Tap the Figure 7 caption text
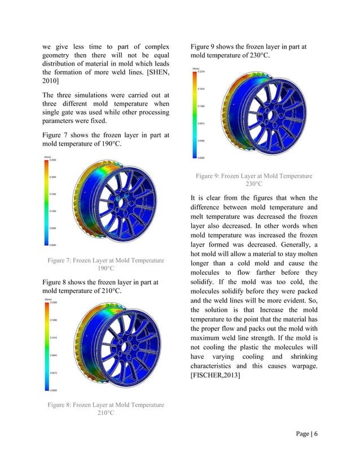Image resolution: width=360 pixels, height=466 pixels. [106, 265]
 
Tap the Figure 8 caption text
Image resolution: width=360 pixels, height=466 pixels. [106, 408]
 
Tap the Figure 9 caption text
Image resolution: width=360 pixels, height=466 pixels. [253, 180]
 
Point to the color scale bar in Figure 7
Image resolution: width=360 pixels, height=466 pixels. [46, 202]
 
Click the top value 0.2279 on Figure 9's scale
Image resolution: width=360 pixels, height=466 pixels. [201, 72]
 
